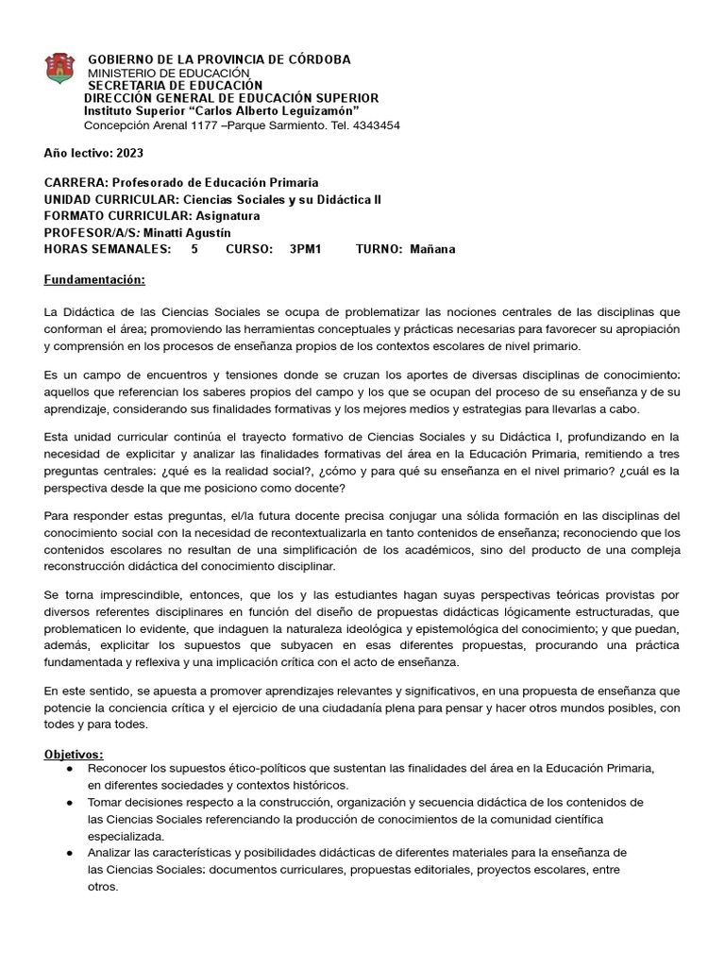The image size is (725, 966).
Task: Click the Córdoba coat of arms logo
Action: (59, 68)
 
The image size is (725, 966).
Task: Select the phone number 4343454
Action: (375, 125)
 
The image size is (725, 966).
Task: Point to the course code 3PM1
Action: (306, 249)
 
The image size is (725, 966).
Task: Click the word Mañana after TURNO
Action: (432, 249)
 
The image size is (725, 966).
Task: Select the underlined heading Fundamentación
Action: (94, 280)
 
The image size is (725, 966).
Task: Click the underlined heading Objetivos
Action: (75, 755)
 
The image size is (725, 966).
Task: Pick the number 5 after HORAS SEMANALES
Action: (194, 249)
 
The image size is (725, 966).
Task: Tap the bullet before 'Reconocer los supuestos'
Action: (70, 769)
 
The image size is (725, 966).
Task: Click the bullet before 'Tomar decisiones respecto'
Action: (70, 802)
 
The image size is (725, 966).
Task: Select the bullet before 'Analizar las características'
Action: (70, 853)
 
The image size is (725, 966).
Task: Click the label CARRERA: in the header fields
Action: (76, 181)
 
